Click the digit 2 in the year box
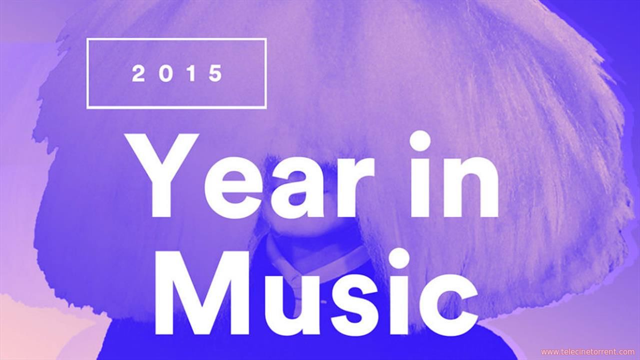138,73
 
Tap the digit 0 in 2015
166,73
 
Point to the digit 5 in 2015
215,73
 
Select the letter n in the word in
470,185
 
